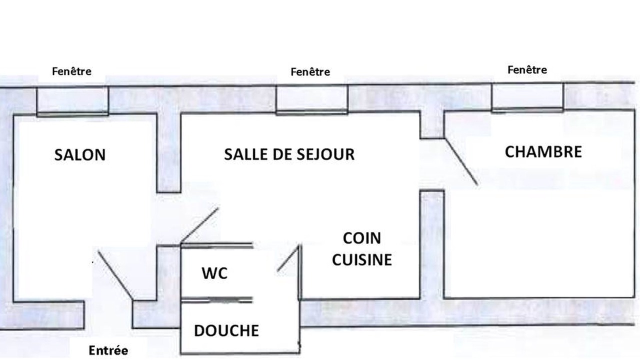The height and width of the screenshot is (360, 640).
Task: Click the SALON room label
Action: [80, 155]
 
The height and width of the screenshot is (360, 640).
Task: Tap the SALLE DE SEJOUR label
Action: [289, 154]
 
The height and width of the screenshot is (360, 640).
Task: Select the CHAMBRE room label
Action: [543, 151]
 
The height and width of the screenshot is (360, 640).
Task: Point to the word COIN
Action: [362, 238]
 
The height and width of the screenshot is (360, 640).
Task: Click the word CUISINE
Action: [362, 259]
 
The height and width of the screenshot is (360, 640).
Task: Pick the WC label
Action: [214, 273]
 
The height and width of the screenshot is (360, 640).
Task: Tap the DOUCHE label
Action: [226, 330]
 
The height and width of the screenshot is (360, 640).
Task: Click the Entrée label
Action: [108, 350]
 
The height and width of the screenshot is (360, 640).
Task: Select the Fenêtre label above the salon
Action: [71, 71]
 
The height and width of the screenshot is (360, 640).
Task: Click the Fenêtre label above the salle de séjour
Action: [310, 71]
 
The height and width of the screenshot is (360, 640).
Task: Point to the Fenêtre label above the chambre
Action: [527, 69]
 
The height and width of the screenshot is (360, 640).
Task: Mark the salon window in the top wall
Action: [72, 101]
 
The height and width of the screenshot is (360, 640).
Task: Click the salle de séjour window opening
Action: [312, 99]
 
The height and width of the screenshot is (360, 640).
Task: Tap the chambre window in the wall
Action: [527, 97]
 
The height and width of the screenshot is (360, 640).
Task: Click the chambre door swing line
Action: [460, 161]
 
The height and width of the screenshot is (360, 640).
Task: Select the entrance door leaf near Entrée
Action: [115, 275]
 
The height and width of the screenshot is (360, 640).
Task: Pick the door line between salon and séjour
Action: [199, 225]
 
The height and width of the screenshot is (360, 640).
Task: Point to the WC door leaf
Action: [288, 258]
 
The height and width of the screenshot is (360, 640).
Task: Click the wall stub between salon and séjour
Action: [168, 153]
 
